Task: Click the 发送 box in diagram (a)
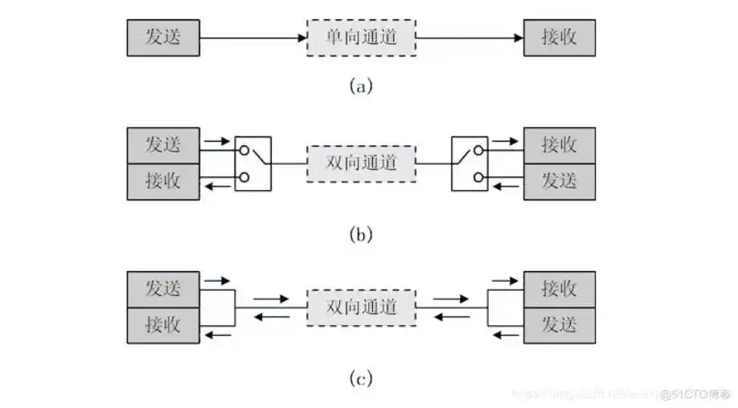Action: pyautogui.click(x=163, y=37)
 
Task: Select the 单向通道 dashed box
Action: pyautogui.click(x=362, y=37)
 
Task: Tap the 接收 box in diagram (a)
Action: pyautogui.click(x=560, y=37)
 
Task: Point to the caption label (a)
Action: pyautogui.click(x=362, y=85)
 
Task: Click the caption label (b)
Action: pyautogui.click(x=362, y=234)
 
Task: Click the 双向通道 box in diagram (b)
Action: pyautogui.click(x=362, y=163)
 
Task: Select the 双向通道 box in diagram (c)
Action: pyautogui.click(x=362, y=307)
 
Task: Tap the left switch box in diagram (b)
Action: pyautogui.click(x=253, y=163)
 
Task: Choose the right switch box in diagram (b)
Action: pyautogui.click(x=469, y=163)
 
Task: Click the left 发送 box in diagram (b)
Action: pyautogui.click(x=163, y=146)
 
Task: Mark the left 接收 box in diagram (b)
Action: pyautogui.click(x=163, y=181)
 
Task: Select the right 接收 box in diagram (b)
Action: pyautogui.click(x=560, y=146)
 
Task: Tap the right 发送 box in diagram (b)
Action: pyautogui.click(x=560, y=181)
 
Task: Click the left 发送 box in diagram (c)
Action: pyautogui.click(x=163, y=289)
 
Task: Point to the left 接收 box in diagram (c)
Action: pyautogui.click(x=163, y=325)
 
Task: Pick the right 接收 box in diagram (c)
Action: pyautogui.click(x=560, y=289)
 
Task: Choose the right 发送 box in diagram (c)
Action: pyautogui.click(x=560, y=325)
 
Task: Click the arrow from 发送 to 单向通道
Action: pyautogui.click(x=252, y=37)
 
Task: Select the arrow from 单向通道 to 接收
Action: pyautogui.click(x=470, y=37)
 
